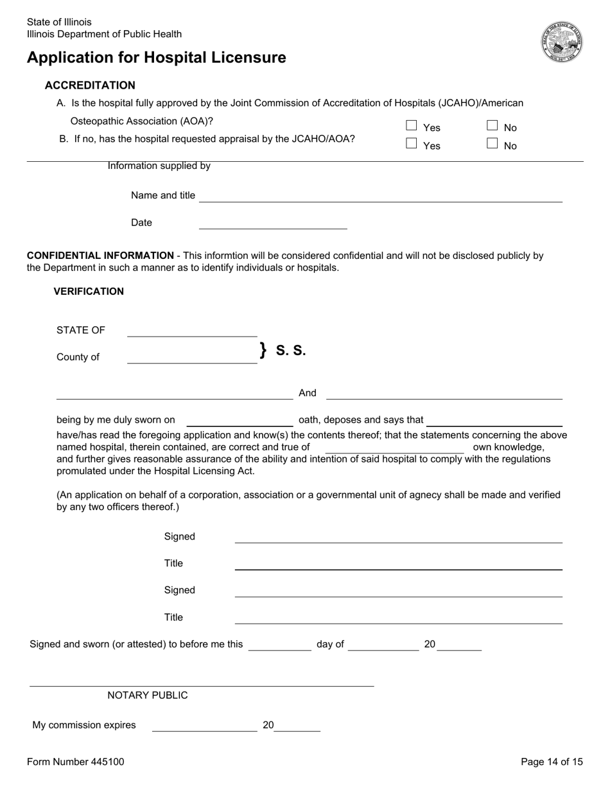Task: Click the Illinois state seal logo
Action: point(562,42)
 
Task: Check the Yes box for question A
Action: point(412,126)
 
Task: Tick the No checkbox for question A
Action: point(492,126)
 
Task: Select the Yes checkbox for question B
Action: point(412,144)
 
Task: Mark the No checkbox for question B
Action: point(492,144)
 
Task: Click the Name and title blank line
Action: point(380,197)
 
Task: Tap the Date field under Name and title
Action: point(273,223)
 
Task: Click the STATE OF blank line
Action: point(192,331)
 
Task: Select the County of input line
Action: point(192,358)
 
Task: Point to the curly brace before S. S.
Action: point(263,350)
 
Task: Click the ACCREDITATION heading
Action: point(90,85)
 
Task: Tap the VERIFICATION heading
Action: point(89,292)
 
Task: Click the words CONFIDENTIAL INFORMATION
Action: point(100,256)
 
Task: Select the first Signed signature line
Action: point(398,538)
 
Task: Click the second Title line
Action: point(398,618)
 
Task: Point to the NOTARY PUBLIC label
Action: point(148,696)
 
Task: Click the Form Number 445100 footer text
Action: point(76,762)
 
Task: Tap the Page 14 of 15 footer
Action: point(552,762)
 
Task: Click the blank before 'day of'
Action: point(279,645)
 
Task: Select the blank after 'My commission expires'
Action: point(204,726)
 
